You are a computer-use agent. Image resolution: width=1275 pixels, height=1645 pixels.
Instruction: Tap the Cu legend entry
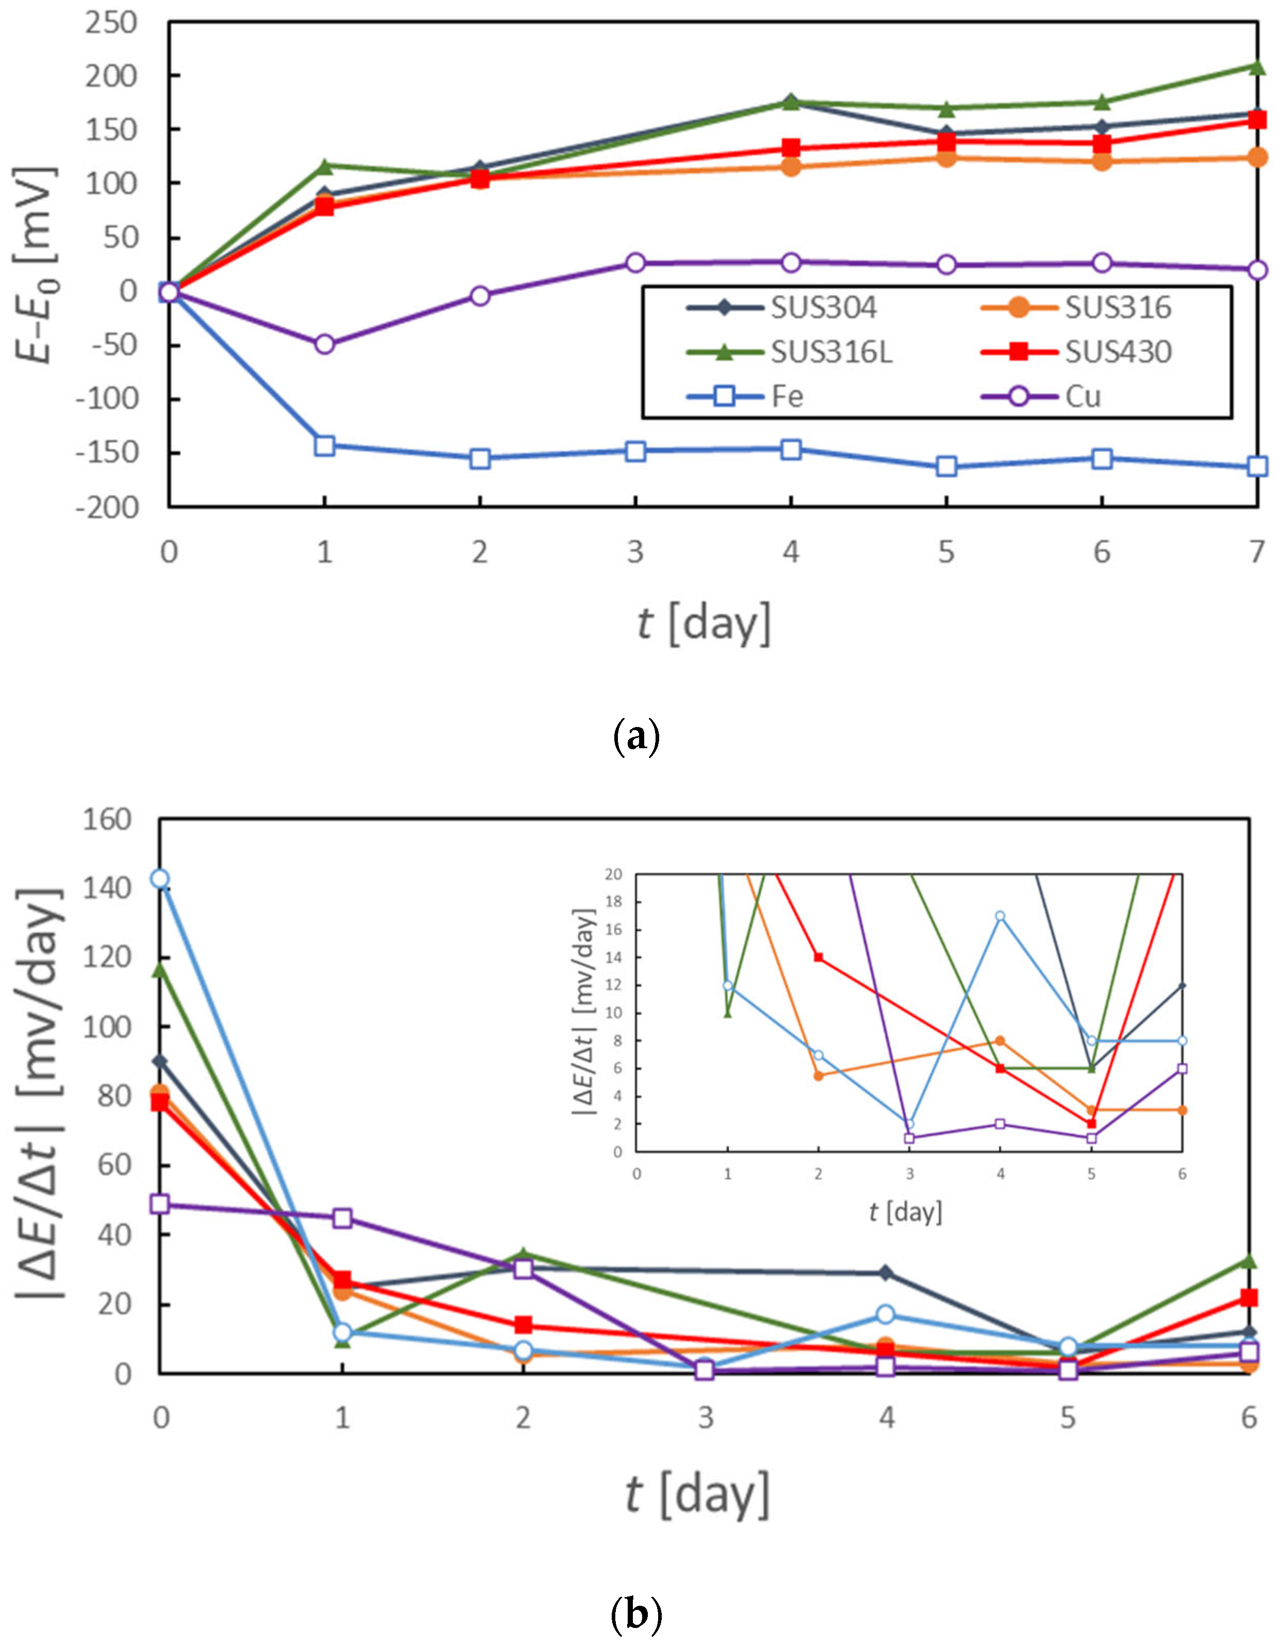1082,396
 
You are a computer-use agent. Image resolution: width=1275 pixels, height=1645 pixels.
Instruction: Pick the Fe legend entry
787,396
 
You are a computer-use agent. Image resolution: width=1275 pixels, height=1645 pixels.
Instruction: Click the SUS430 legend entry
1118,352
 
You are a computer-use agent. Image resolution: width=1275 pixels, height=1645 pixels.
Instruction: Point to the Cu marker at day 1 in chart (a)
324,344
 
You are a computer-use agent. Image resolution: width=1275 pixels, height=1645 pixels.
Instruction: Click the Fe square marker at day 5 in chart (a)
946,466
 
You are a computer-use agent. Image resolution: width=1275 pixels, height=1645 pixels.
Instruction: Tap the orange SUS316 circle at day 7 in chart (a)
1256,157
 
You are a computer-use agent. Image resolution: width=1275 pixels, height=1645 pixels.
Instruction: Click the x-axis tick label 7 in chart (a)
1256,553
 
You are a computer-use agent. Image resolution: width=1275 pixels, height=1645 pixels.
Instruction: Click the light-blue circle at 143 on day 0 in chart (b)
160,878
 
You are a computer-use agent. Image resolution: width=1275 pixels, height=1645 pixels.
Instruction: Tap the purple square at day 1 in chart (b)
342,1218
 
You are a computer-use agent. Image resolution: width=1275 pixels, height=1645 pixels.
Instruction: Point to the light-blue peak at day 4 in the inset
1000,916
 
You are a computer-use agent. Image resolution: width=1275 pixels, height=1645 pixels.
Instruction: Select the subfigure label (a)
637,737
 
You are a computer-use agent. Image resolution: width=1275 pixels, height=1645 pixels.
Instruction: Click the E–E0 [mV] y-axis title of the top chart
36,265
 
